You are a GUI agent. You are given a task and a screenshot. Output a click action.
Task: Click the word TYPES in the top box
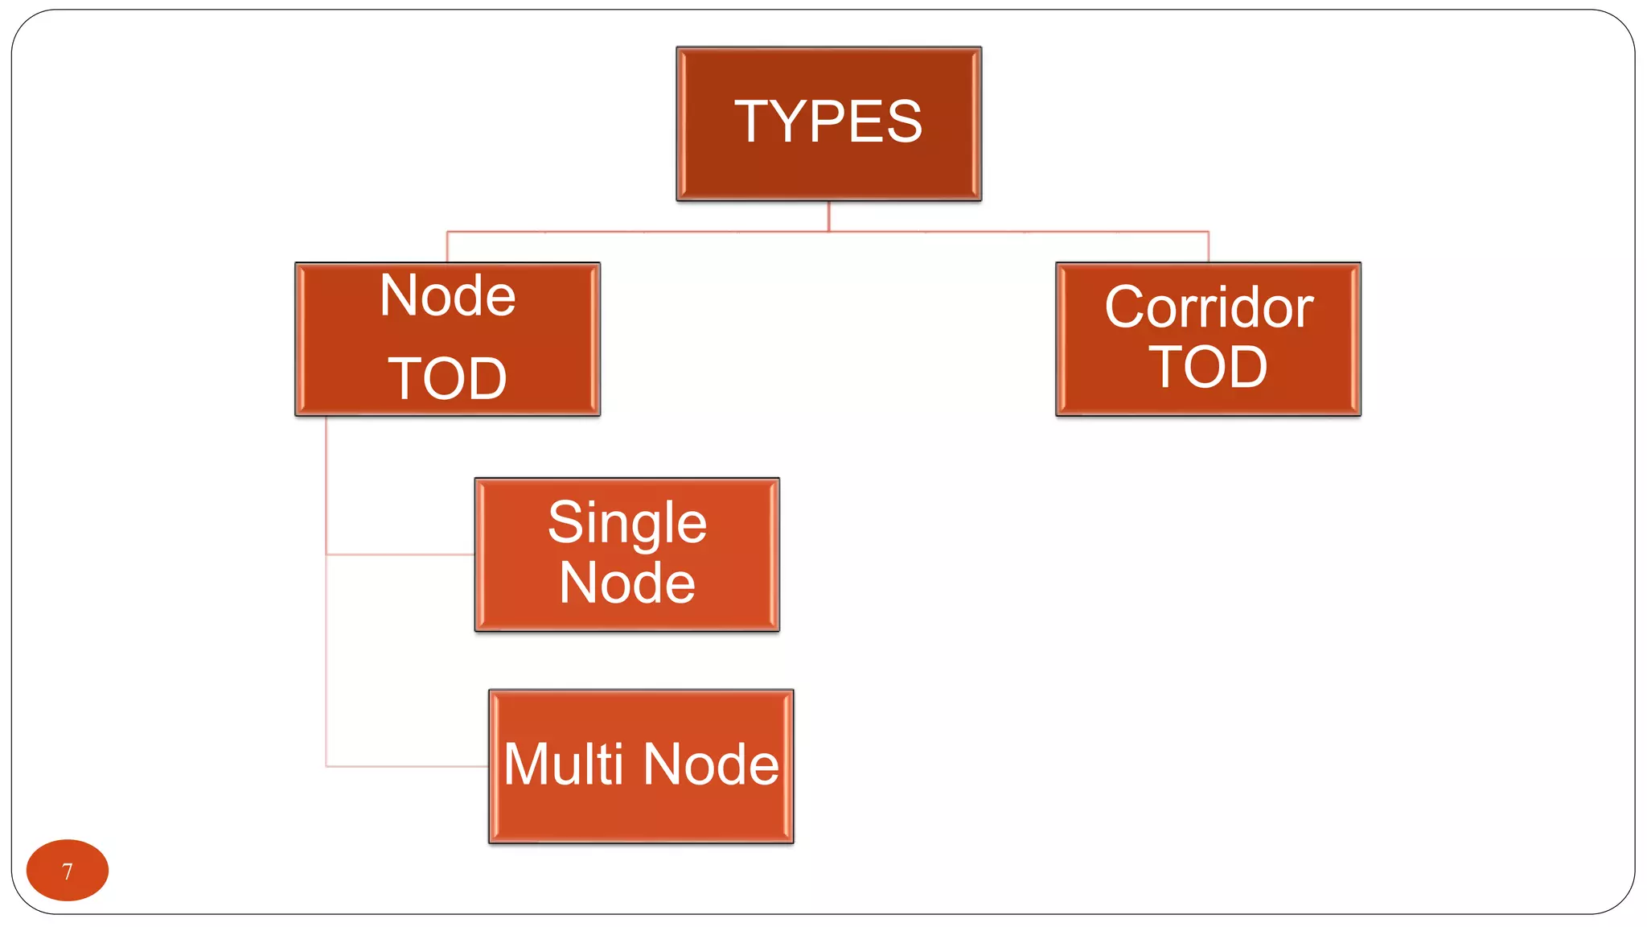pos(828,122)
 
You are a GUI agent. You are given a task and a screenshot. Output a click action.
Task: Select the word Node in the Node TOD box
pos(448,296)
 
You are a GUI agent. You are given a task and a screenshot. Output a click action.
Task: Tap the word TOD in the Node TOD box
pos(448,378)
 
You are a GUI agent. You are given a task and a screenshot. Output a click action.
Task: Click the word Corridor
pos(1209,307)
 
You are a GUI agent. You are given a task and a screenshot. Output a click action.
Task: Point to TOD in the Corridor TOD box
pos(1208,367)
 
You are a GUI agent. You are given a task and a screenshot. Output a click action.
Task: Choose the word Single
pos(627,523)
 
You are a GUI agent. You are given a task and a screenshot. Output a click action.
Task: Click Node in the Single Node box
pos(627,583)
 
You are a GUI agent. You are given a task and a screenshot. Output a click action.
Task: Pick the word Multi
pos(564,764)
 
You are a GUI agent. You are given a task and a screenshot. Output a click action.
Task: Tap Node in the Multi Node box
pos(711,764)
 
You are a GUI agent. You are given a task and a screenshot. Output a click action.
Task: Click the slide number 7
pos(68,871)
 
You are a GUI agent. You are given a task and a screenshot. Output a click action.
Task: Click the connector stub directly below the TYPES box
pos(829,216)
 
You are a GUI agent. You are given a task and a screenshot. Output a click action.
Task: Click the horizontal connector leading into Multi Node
pos(406,766)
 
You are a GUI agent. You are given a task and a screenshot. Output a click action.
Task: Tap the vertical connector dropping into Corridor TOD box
pos(1208,246)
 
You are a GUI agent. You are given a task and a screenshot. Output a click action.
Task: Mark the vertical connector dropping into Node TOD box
pos(447,246)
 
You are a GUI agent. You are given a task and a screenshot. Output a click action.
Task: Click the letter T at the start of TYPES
pos(754,122)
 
